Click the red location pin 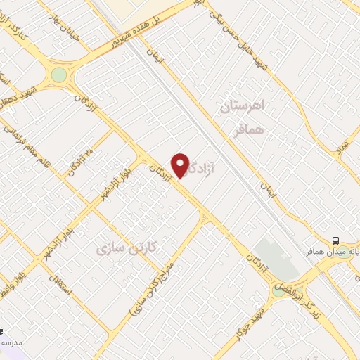click(x=181, y=165)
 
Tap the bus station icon click(x=336, y=239)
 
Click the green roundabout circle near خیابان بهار click(x=59, y=75)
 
